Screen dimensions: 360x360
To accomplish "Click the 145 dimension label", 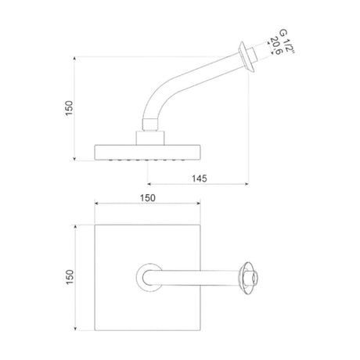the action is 200,178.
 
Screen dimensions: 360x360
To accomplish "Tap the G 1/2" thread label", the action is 286,41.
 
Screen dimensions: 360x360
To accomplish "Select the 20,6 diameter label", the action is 276,46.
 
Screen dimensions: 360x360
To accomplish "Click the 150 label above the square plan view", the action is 148,198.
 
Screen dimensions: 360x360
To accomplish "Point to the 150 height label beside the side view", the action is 69,108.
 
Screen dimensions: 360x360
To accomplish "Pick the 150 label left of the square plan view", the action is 70,277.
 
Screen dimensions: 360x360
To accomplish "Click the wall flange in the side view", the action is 247,56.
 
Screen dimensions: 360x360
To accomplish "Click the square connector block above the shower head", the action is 150,138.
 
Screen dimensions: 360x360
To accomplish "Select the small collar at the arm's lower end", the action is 150,124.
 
